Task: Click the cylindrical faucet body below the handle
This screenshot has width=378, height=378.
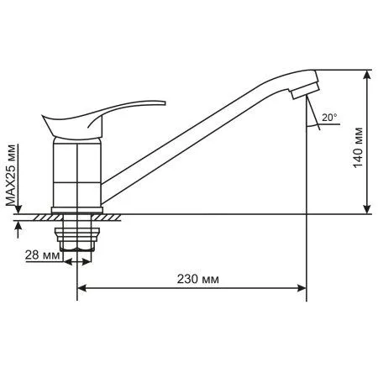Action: (76, 172)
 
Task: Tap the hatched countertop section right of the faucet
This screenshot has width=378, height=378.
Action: (113, 217)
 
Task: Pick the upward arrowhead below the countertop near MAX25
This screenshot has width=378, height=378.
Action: (17, 224)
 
